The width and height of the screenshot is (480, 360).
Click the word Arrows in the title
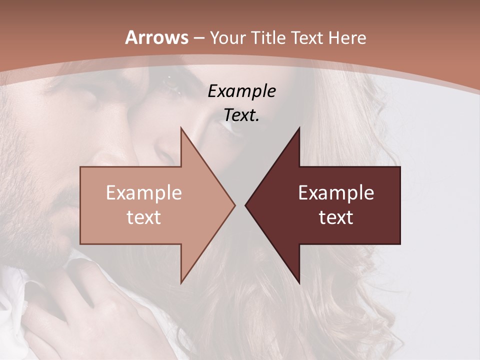pyautogui.click(x=156, y=37)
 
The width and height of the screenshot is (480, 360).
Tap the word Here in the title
pyautogui.click(x=347, y=37)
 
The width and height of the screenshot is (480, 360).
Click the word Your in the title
pyautogui.click(x=227, y=38)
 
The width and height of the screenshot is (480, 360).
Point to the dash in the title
pyautogui.click(x=198, y=38)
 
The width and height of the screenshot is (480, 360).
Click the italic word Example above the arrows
pyautogui.click(x=241, y=91)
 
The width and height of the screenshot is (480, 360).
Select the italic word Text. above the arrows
pyautogui.click(x=241, y=115)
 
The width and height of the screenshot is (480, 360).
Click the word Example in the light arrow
pyautogui.click(x=143, y=193)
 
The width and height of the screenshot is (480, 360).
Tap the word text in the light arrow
pyautogui.click(x=143, y=217)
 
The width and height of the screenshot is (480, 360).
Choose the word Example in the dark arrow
pyautogui.click(x=336, y=193)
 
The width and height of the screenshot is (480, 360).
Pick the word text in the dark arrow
pyautogui.click(x=336, y=217)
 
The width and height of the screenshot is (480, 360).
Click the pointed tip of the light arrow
pyautogui.click(x=234, y=205)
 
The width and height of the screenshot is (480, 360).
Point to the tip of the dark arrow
pyautogui.click(x=245, y=205)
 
